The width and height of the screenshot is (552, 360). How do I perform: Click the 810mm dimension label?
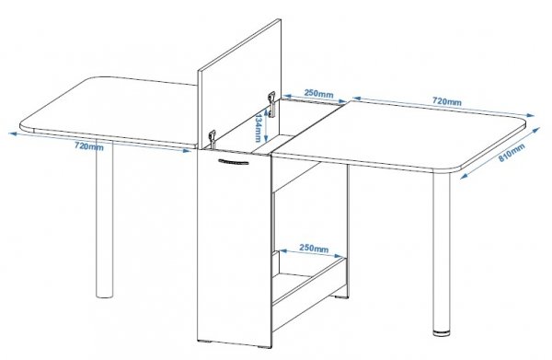coord(512,152)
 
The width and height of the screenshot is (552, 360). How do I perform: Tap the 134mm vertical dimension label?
coord(259,127)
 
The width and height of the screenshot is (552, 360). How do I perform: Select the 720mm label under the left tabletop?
coord(89,145)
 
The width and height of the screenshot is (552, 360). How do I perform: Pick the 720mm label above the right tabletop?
coord(447,101)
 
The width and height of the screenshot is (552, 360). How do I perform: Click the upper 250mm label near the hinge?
coord(318,93)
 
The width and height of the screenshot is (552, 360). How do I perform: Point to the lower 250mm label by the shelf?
coord(314,248)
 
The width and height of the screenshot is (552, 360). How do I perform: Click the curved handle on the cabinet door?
coord(233,162)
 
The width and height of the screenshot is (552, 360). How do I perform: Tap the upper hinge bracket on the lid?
coord(271,104)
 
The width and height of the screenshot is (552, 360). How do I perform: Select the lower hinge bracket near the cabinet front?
coord(212,139)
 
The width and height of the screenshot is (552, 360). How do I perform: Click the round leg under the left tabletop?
coord(105,218)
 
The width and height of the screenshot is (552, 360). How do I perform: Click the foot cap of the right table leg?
coord(442,331)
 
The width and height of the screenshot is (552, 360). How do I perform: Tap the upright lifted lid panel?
coord(239,85)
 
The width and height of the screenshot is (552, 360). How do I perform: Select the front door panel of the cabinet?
coord(234,247)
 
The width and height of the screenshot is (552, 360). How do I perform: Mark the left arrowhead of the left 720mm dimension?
coord(12,134)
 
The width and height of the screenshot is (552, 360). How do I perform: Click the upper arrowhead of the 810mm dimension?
coord(536,130)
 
